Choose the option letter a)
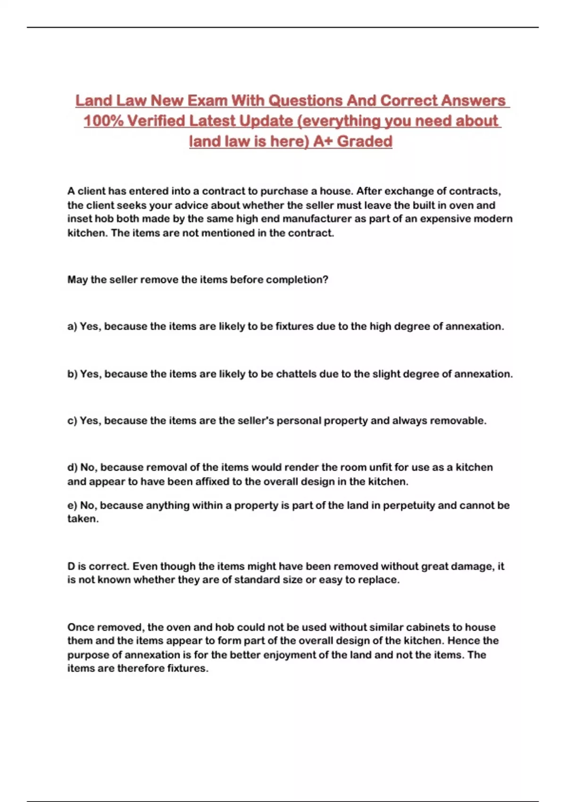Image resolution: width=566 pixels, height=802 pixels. pos(72,326)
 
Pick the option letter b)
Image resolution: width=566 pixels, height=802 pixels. pos(72,374)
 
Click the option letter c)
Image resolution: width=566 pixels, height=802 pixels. pos(72,421)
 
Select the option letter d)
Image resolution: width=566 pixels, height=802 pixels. pos(72,468)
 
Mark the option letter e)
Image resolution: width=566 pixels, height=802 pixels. pos(72,505)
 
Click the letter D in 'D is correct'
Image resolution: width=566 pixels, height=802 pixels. pos(71,566)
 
